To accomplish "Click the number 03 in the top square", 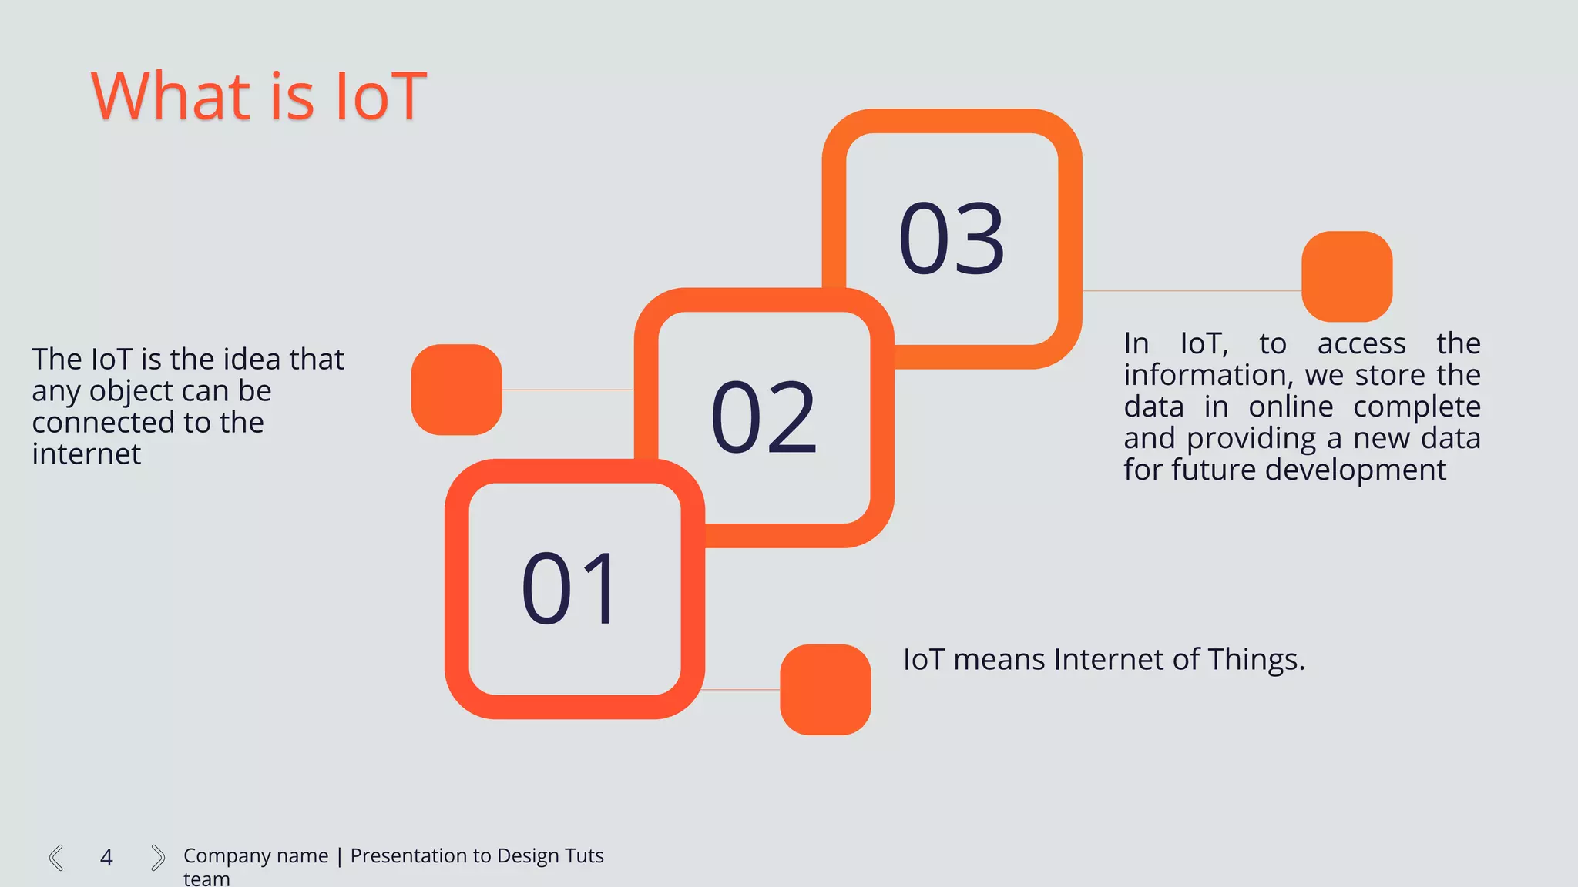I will point(952,239).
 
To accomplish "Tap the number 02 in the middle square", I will point(763,417).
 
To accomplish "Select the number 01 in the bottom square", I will point(570,589).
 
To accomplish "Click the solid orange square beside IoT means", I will point(825,689).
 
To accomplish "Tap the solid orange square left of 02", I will point(456,390).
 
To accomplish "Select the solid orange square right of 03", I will point(1347,276).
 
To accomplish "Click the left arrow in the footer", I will point(56,857).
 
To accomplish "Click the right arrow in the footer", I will point(157,857).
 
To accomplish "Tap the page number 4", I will point(106,857).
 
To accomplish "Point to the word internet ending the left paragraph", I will point(86,454).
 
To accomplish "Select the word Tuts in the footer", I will point(584,855).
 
